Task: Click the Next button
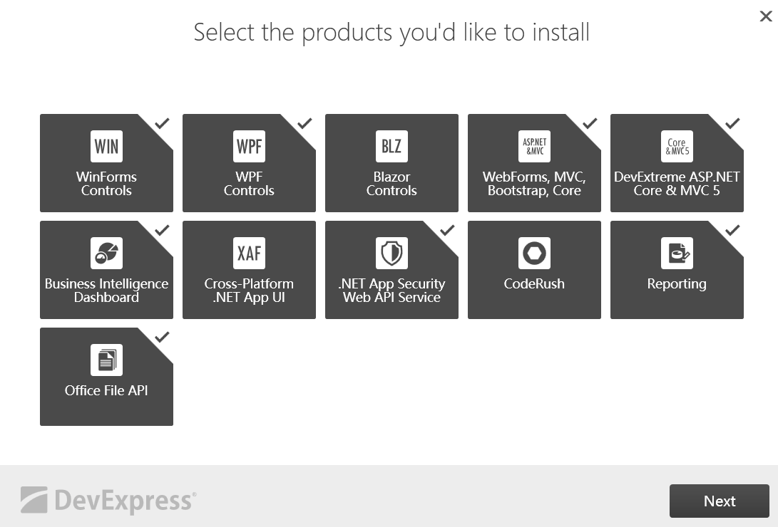click(719, 501)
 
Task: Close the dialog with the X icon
click(766, 16)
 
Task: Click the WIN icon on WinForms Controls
click(106, 147)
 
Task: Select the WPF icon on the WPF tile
click(249, 147)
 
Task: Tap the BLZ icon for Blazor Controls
click(391, 147)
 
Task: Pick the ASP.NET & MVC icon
click(534, 147)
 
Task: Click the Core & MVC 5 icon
click(677, 147)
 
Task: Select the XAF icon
click(249, 253)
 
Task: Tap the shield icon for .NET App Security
click(391, 253)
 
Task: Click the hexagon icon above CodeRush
click(534, 253)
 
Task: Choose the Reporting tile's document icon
click(677, 253)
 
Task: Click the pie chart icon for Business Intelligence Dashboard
click(106, 253)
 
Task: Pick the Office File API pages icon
click(106, 360)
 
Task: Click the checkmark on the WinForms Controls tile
click(162, 123)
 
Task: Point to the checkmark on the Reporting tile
click(732, 230)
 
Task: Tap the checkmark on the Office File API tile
click(162, 337)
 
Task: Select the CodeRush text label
click(534, 283)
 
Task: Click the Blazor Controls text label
click(391, 184)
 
